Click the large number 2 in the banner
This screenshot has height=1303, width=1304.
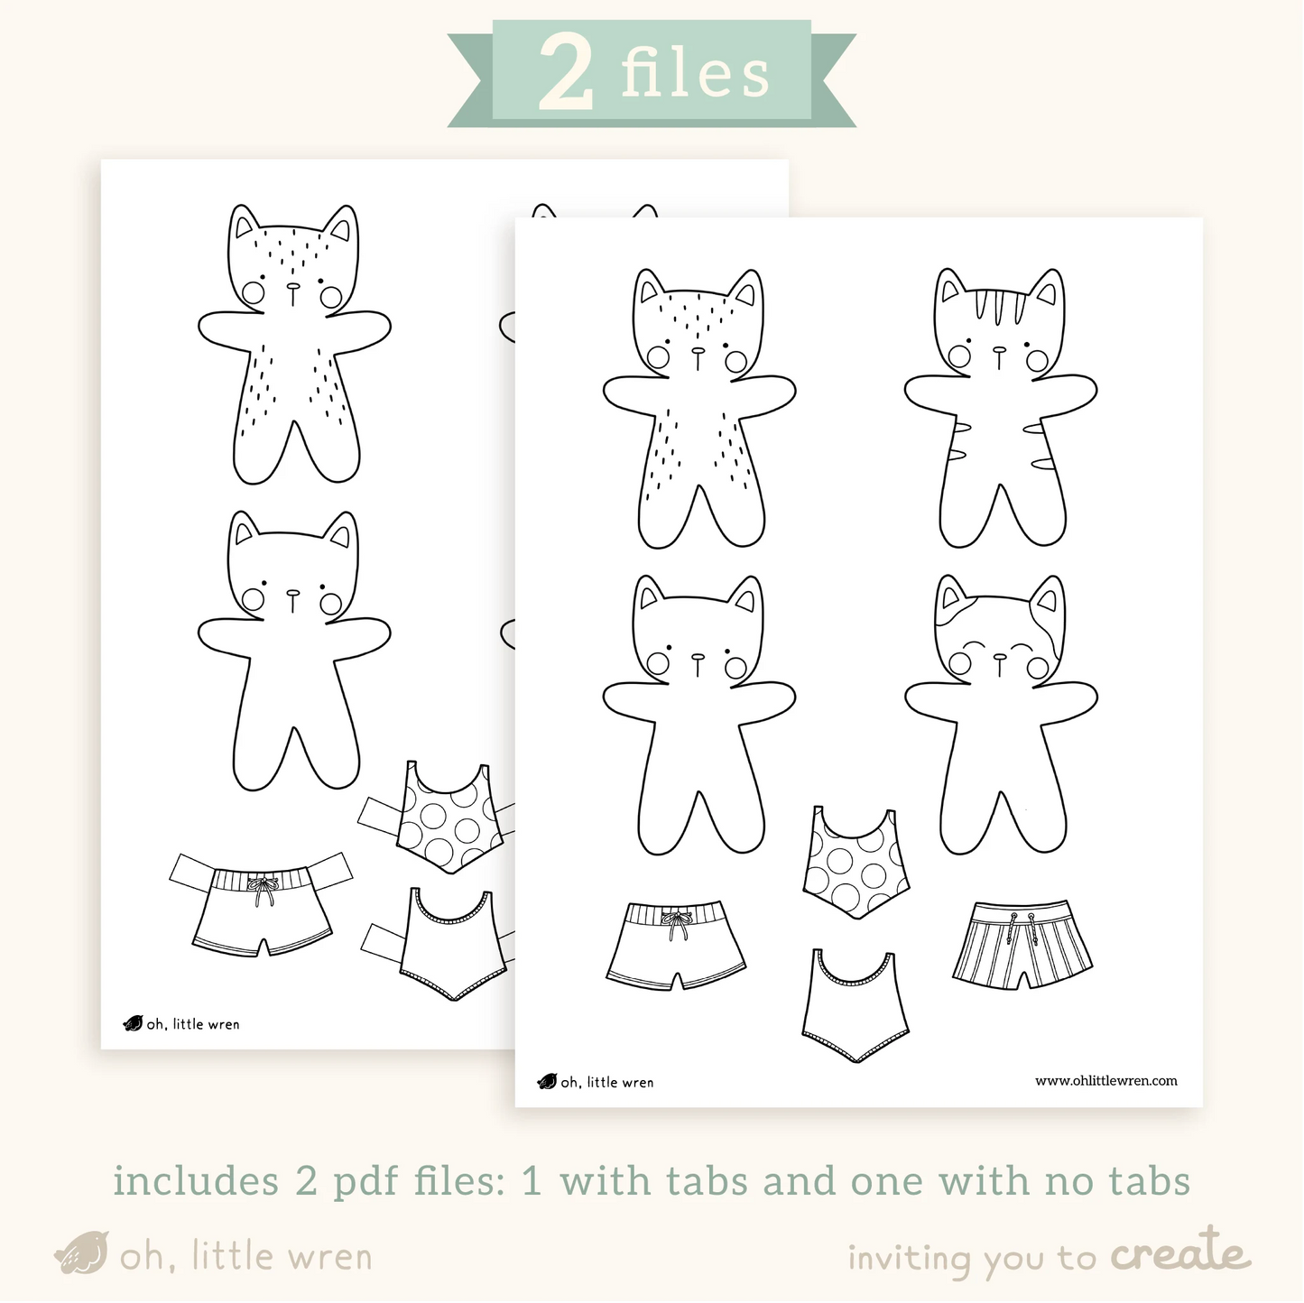coord(567,73)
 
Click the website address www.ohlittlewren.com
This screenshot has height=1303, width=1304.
coord(1105,1081)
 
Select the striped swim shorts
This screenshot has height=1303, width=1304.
coord(1022,944)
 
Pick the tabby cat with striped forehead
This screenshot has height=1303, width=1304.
coord(1000,408)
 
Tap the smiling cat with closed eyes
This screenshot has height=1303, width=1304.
coord(1001,715)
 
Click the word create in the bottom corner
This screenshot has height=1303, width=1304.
coord(1180,1254)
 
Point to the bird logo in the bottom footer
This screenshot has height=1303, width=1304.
coord(82,1252)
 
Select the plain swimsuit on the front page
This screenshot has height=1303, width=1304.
coord(855,1005)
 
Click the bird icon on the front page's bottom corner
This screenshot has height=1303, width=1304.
coord(547,1081)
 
